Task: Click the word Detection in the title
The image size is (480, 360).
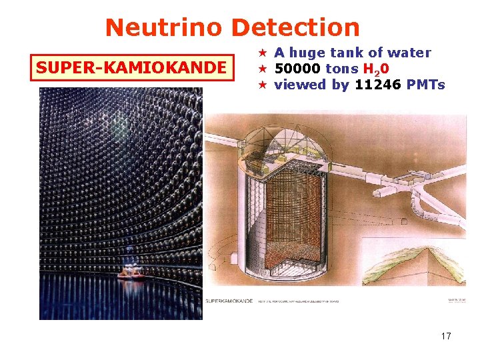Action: pyautogui.click(x=295, y=27)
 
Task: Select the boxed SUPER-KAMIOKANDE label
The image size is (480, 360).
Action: pyautogui.click(x=132, y=68)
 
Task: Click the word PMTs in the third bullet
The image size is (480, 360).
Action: pyautogui.click(x=427, y=85)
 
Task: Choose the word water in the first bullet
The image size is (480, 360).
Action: pyautogui.click(x=410, y=53)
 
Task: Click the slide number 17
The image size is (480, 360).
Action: pyautogui.click(x=446, y=336)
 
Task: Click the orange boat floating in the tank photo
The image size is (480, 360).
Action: pyautogui.click(x=130, y=271)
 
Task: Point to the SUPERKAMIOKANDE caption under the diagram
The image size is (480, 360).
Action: pyautogui.click(x=230, y=301)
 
